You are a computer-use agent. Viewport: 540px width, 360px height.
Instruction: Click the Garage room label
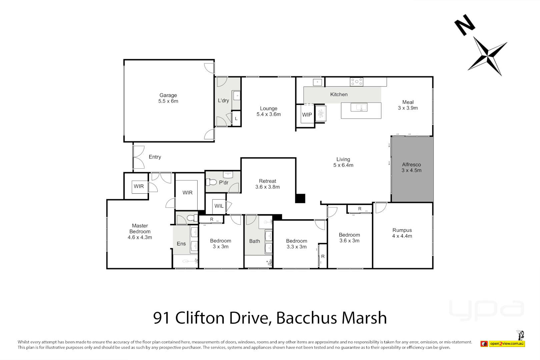click(168, 95)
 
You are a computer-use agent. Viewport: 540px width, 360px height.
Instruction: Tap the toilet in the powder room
click(211, 182)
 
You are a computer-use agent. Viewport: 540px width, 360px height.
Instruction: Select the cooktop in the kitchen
click(356, 82)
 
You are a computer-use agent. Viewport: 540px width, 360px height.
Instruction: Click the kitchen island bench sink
click(359, 107)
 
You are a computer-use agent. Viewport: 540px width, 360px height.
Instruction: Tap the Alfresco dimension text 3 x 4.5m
click(411, 170)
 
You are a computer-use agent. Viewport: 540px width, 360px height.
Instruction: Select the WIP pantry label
click(307, 115)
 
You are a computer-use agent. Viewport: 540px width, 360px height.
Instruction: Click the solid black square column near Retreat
click(300, 198)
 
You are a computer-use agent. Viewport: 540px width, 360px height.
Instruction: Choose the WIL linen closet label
click(219, 206)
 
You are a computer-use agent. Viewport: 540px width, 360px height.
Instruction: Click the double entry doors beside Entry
click(138, 157)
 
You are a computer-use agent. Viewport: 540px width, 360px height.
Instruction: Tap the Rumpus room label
click(402, 230)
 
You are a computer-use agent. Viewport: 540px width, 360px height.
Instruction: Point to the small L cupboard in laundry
click(236, 119)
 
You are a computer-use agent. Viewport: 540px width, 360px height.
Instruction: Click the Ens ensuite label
click(181, 244)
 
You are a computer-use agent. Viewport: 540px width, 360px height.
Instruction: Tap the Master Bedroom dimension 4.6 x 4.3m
click(140, 237)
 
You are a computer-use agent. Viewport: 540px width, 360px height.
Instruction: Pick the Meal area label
click(408, 102)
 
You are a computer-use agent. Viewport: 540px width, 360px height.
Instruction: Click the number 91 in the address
click(162, 318)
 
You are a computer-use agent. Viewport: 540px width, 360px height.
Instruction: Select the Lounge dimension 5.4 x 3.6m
click(269, 114)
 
